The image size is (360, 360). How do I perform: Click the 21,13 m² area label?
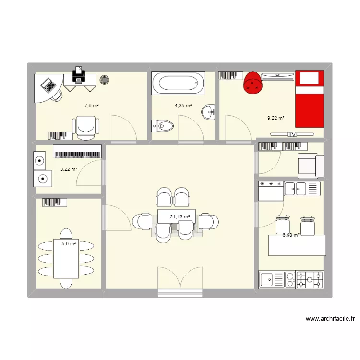click(180, 217)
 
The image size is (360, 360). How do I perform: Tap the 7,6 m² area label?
click(92, 106)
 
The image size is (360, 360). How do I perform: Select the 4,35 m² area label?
click(183, 106)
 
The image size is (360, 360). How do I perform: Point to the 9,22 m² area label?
click(276, 118)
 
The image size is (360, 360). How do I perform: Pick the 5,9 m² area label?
click(69, 244)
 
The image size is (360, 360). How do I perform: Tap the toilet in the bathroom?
click(162, 126)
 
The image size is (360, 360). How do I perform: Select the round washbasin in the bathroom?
click(209, 112)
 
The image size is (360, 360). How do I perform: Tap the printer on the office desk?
click(78, 74)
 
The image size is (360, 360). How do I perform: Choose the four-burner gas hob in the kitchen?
click(310, 280)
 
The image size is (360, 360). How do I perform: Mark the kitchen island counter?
click(297, 245)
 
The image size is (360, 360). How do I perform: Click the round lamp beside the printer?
click(104, 80)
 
